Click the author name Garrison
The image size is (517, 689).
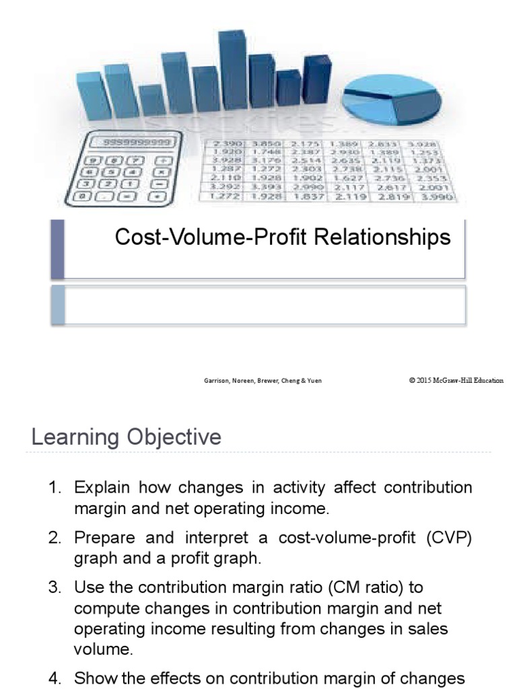point(218,381)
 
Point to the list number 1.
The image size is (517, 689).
point(55,487)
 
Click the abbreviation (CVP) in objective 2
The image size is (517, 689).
point(449,538)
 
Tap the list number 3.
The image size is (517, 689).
point(55,587)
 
